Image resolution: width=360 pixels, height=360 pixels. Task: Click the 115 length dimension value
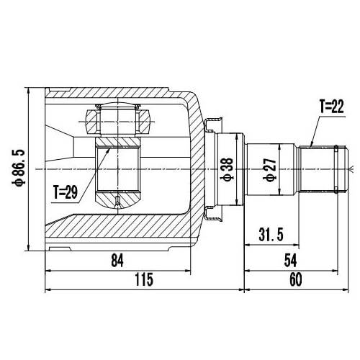(x=144, y=280)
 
